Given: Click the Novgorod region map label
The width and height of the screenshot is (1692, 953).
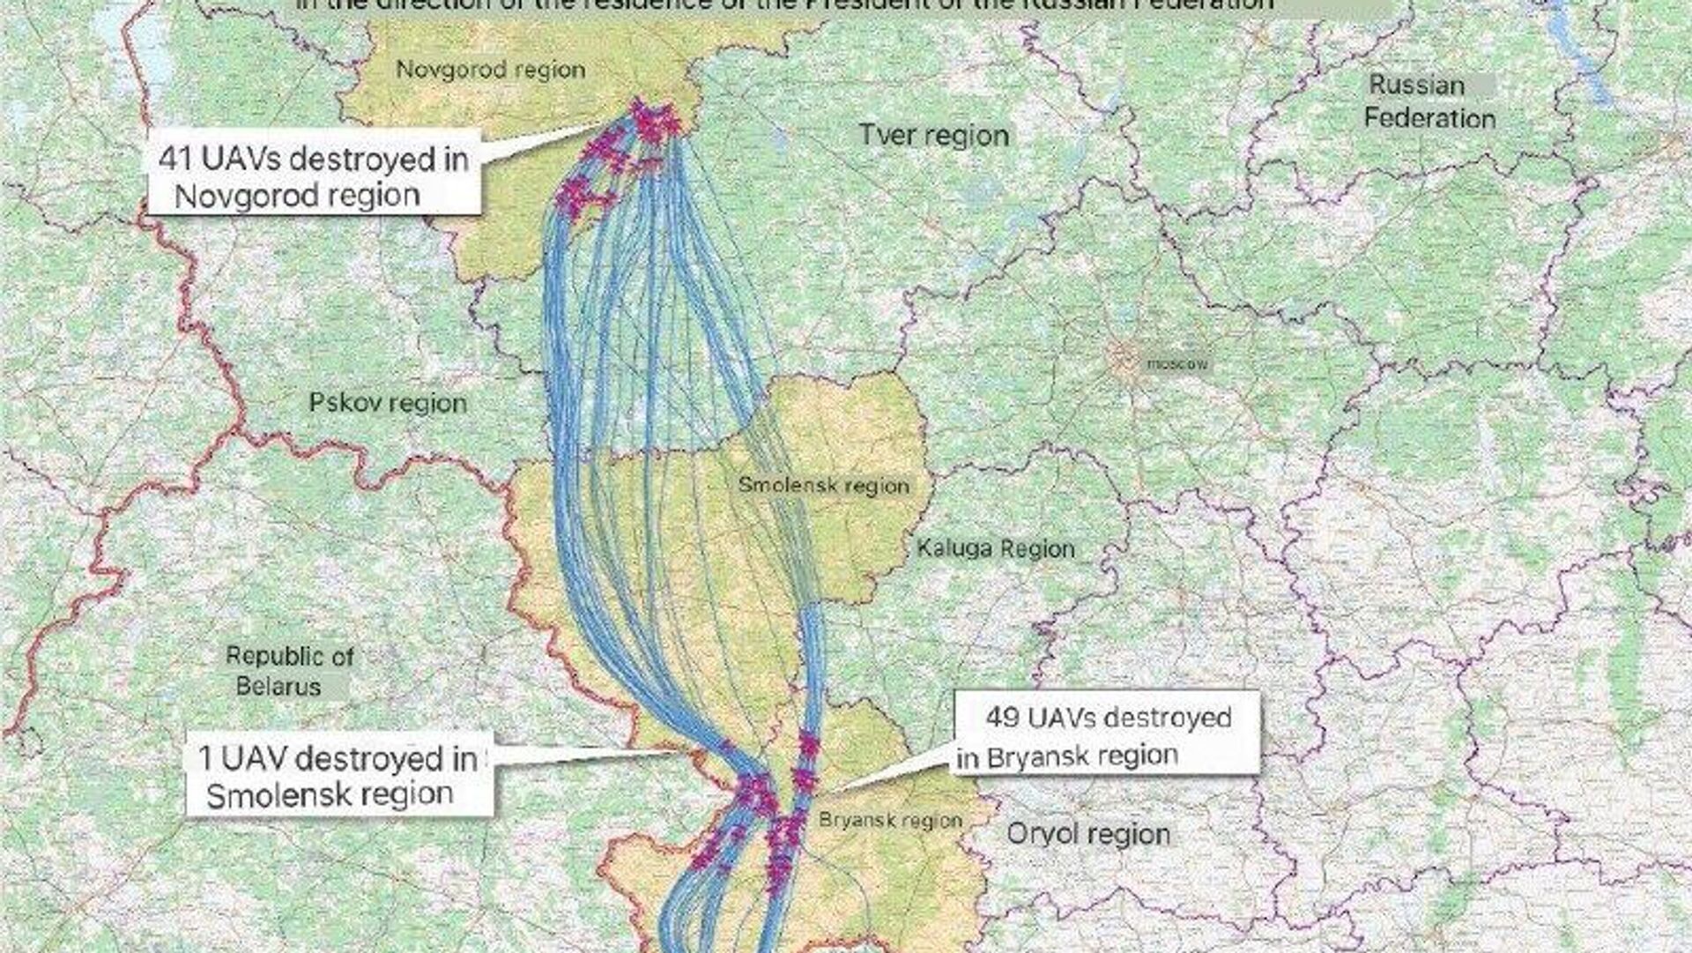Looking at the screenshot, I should (x=490, y=70).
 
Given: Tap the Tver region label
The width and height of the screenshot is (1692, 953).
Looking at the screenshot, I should (x=933, y=136).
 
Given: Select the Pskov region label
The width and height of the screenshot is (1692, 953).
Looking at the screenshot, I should (x=388, y=403).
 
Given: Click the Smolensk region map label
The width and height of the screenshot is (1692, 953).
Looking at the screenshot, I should (x=823, y=485).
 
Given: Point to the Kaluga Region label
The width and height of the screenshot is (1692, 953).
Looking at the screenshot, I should (x=996, y=548).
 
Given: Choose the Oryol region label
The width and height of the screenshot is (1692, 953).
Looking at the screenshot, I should (x=1088, y=833).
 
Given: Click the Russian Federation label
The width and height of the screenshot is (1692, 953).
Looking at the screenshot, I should (x=1429, y=101).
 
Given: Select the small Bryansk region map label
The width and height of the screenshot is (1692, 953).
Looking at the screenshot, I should (x=890, y=820).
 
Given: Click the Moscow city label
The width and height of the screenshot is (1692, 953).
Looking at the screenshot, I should (x=1176, y=363).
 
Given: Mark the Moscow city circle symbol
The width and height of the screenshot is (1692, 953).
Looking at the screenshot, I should (x=1124, y=359).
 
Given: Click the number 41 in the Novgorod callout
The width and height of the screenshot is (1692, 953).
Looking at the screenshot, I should (x=177, y=160).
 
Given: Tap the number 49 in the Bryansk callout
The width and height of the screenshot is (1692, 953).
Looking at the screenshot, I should (x=1003, y=718).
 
